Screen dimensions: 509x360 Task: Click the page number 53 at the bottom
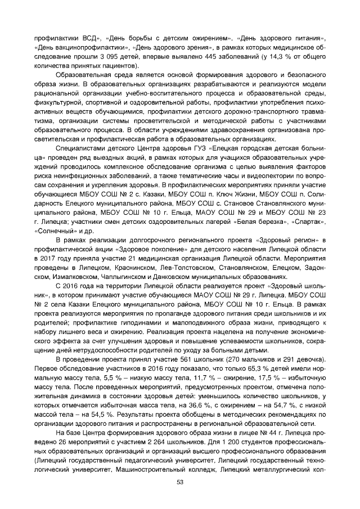coord(180,482)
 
